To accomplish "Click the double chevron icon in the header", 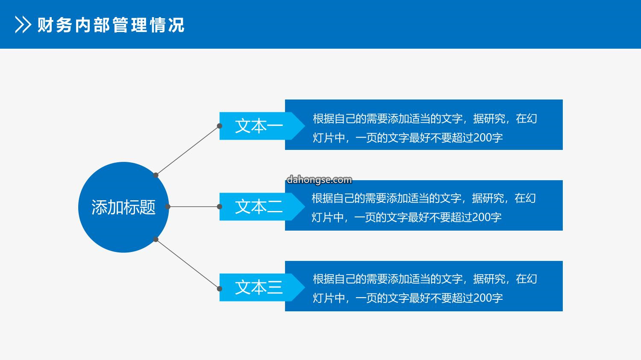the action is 23,25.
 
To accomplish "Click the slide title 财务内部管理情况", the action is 111,25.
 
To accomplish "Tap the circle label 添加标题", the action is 123,207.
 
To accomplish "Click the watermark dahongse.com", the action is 319,179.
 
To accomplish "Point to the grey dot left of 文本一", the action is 220,126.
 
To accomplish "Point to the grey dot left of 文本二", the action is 220,206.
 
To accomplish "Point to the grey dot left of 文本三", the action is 220,289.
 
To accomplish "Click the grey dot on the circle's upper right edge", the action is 156,175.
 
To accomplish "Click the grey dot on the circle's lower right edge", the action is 156,239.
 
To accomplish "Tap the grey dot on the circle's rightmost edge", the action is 168,206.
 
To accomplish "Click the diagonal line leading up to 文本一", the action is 188,150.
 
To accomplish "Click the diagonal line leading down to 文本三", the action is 188,264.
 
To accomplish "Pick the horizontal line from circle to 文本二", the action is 194,206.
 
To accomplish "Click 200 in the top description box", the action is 482,138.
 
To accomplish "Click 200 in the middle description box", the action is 481,217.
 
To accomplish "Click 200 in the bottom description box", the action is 482,298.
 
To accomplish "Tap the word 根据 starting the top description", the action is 323,118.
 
